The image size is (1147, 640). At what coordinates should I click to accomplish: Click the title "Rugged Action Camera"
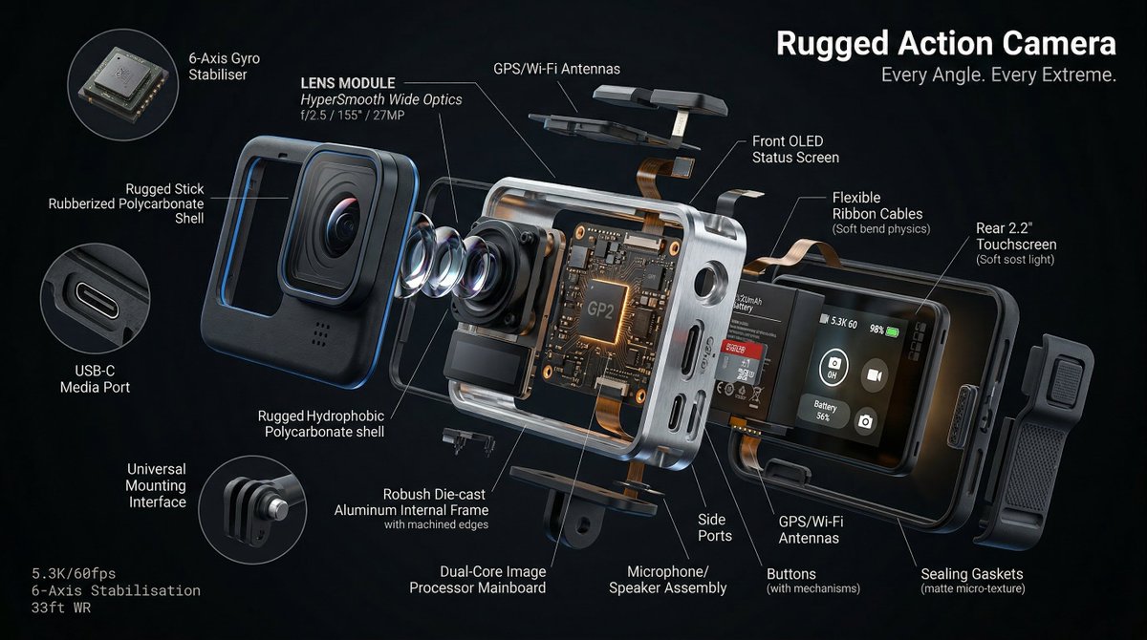pos(945,43)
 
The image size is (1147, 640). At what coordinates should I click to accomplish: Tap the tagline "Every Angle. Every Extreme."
pos(998,75)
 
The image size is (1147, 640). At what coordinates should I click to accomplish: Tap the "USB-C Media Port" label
pos(95,378)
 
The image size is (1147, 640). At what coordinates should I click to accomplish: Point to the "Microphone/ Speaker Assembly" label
pos(667,579)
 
